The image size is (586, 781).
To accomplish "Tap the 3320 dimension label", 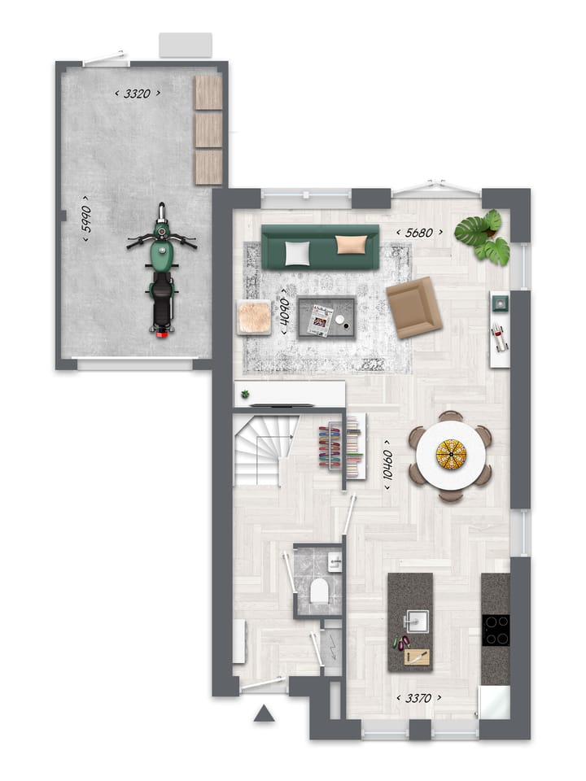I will (137, 94).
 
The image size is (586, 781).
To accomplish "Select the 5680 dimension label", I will (419, 233).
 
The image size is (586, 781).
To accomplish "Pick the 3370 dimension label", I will (418, 697).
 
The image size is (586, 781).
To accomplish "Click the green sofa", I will (320, 247).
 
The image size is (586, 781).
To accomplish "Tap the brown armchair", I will (413, 307).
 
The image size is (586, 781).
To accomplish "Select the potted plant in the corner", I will (483, 237).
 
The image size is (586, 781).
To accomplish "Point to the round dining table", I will (450, 456).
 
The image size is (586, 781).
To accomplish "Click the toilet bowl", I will (320, 591).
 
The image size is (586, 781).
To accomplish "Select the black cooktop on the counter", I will (496, 630).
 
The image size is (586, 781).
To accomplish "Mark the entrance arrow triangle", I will (263, 714).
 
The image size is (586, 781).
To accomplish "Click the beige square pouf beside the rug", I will (254, 317).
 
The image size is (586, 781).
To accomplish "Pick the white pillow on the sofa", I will (297, 254).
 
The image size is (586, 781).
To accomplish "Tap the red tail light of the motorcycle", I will (162, 331).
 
